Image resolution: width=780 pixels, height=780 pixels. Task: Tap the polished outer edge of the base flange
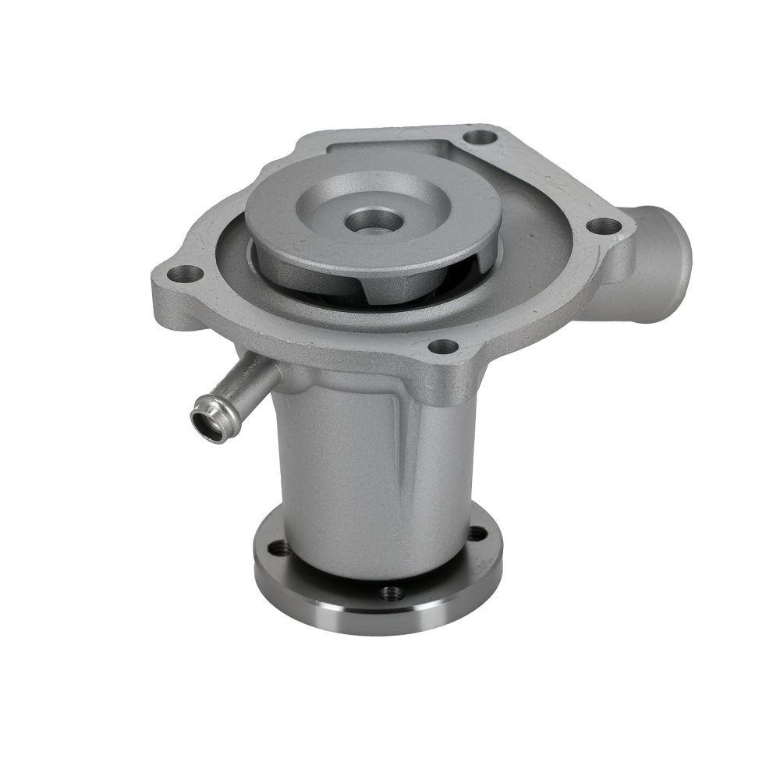[374, 620]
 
